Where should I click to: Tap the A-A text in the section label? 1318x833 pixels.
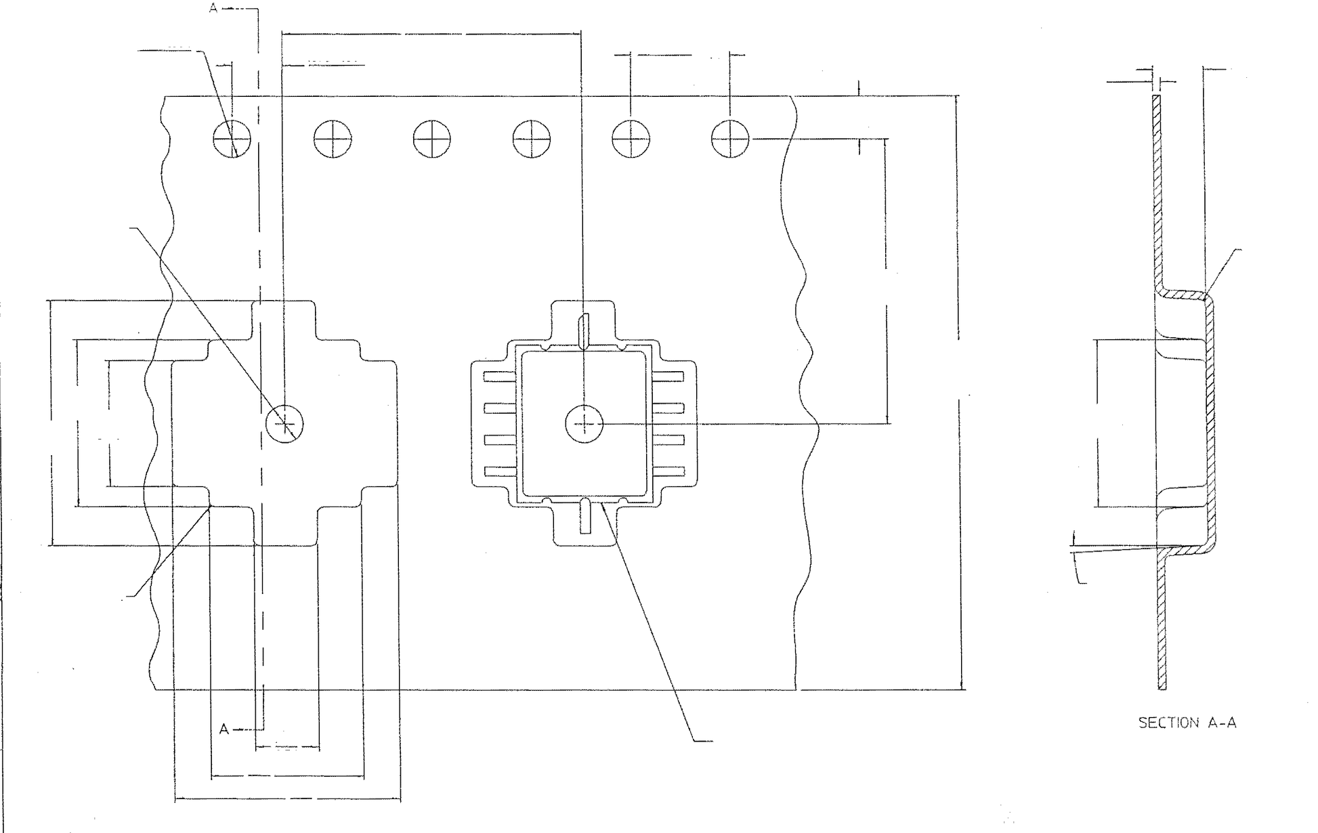point(1223,723)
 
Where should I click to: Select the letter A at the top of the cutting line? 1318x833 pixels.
point(213,9)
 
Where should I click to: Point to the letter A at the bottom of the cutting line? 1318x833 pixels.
point(224,729)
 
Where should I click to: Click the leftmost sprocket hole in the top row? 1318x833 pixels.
point(232,140)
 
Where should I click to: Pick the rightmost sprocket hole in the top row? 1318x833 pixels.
point(730,140)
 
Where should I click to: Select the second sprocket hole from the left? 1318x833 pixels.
point(333,140)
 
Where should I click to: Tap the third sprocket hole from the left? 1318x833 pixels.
point(432,140)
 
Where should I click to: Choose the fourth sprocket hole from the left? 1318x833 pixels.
point(532,140)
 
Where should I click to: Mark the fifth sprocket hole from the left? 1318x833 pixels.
point(631,140)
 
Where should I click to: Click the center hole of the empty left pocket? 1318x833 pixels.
point(284,424)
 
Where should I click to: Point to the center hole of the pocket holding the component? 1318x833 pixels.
point(584,424)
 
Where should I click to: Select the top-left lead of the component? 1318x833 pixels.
point(500,377)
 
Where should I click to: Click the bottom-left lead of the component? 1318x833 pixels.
point(500,471)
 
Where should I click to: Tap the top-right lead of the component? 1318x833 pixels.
point(668,377)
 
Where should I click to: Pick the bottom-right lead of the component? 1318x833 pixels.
point(668,471)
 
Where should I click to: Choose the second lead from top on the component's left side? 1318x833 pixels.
point(500,408)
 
